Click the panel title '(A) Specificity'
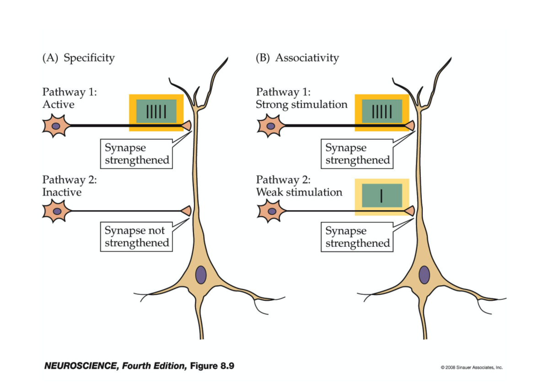click(x=78, y=58)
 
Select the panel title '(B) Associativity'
click(x=297, y=58)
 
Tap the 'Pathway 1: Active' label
click(x=70, y=98)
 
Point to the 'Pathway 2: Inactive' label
click(x=70, y=186)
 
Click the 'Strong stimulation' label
click(x=301, y=105)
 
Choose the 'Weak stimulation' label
click(x=299, y=192)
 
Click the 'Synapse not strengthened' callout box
click(x=136, y=237)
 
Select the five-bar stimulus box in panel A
click(x=156, y=112)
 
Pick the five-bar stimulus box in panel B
click(x=382, y=112)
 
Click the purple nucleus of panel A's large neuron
click(x=201, y=275)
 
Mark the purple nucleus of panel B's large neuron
click(x=424, y=275)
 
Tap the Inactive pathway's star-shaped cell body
click(x=56, y=211)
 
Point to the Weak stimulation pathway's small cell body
click(x=271, y=211)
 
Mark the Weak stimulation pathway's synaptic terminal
click(x=409, y=211)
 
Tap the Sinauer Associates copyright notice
click(x=472, y=367)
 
